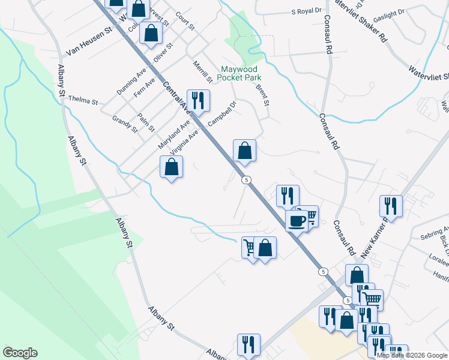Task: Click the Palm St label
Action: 146,122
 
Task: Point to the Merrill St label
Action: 203,71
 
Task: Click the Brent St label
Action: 262,94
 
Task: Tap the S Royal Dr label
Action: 307,11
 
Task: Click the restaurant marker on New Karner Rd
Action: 391,206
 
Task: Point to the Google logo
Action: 20,353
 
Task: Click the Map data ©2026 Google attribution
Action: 412,355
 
